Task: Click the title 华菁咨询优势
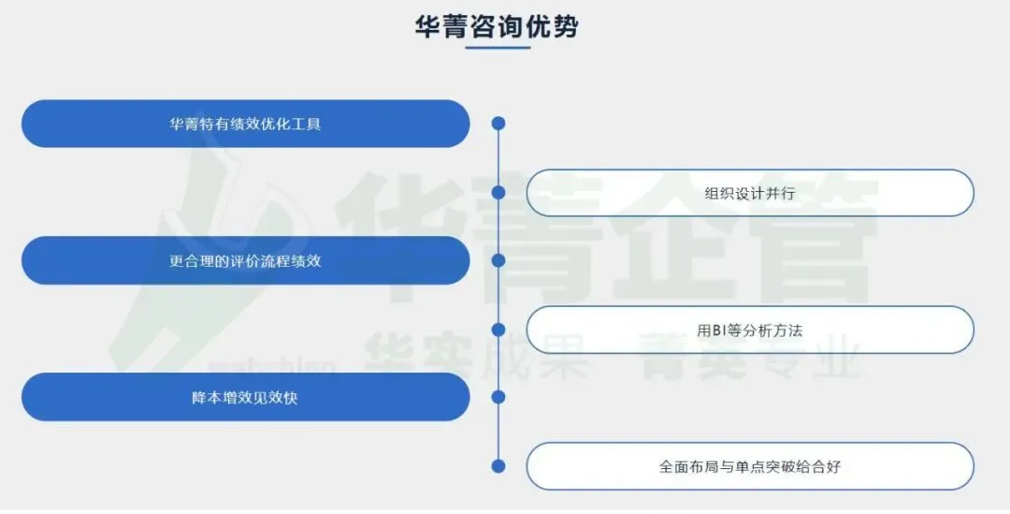[x=497, y=25]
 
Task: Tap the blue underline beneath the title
[x=498, y=48]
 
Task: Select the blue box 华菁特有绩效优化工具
[x=245, y=124]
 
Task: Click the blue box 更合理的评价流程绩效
[x=245, y=260]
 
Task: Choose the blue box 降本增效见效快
[x=245, y=397]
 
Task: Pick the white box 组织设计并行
[x=750, y=193]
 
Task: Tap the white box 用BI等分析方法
[x=750, y=330]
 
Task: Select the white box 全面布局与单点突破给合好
[x=750, y=466]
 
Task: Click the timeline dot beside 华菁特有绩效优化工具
[x=498, y=123]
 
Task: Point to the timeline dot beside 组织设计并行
[x=498, y=192]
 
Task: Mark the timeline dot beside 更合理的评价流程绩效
[x=498, y=260]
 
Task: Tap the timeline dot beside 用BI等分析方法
[x=498, y=330]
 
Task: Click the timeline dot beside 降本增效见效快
[x=498, y=397]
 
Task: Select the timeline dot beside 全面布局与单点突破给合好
[x=498, y=466]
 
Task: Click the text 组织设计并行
[x=750, y=193]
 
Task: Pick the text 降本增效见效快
[x=245, y=397]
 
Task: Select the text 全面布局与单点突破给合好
[x=750, y=466]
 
